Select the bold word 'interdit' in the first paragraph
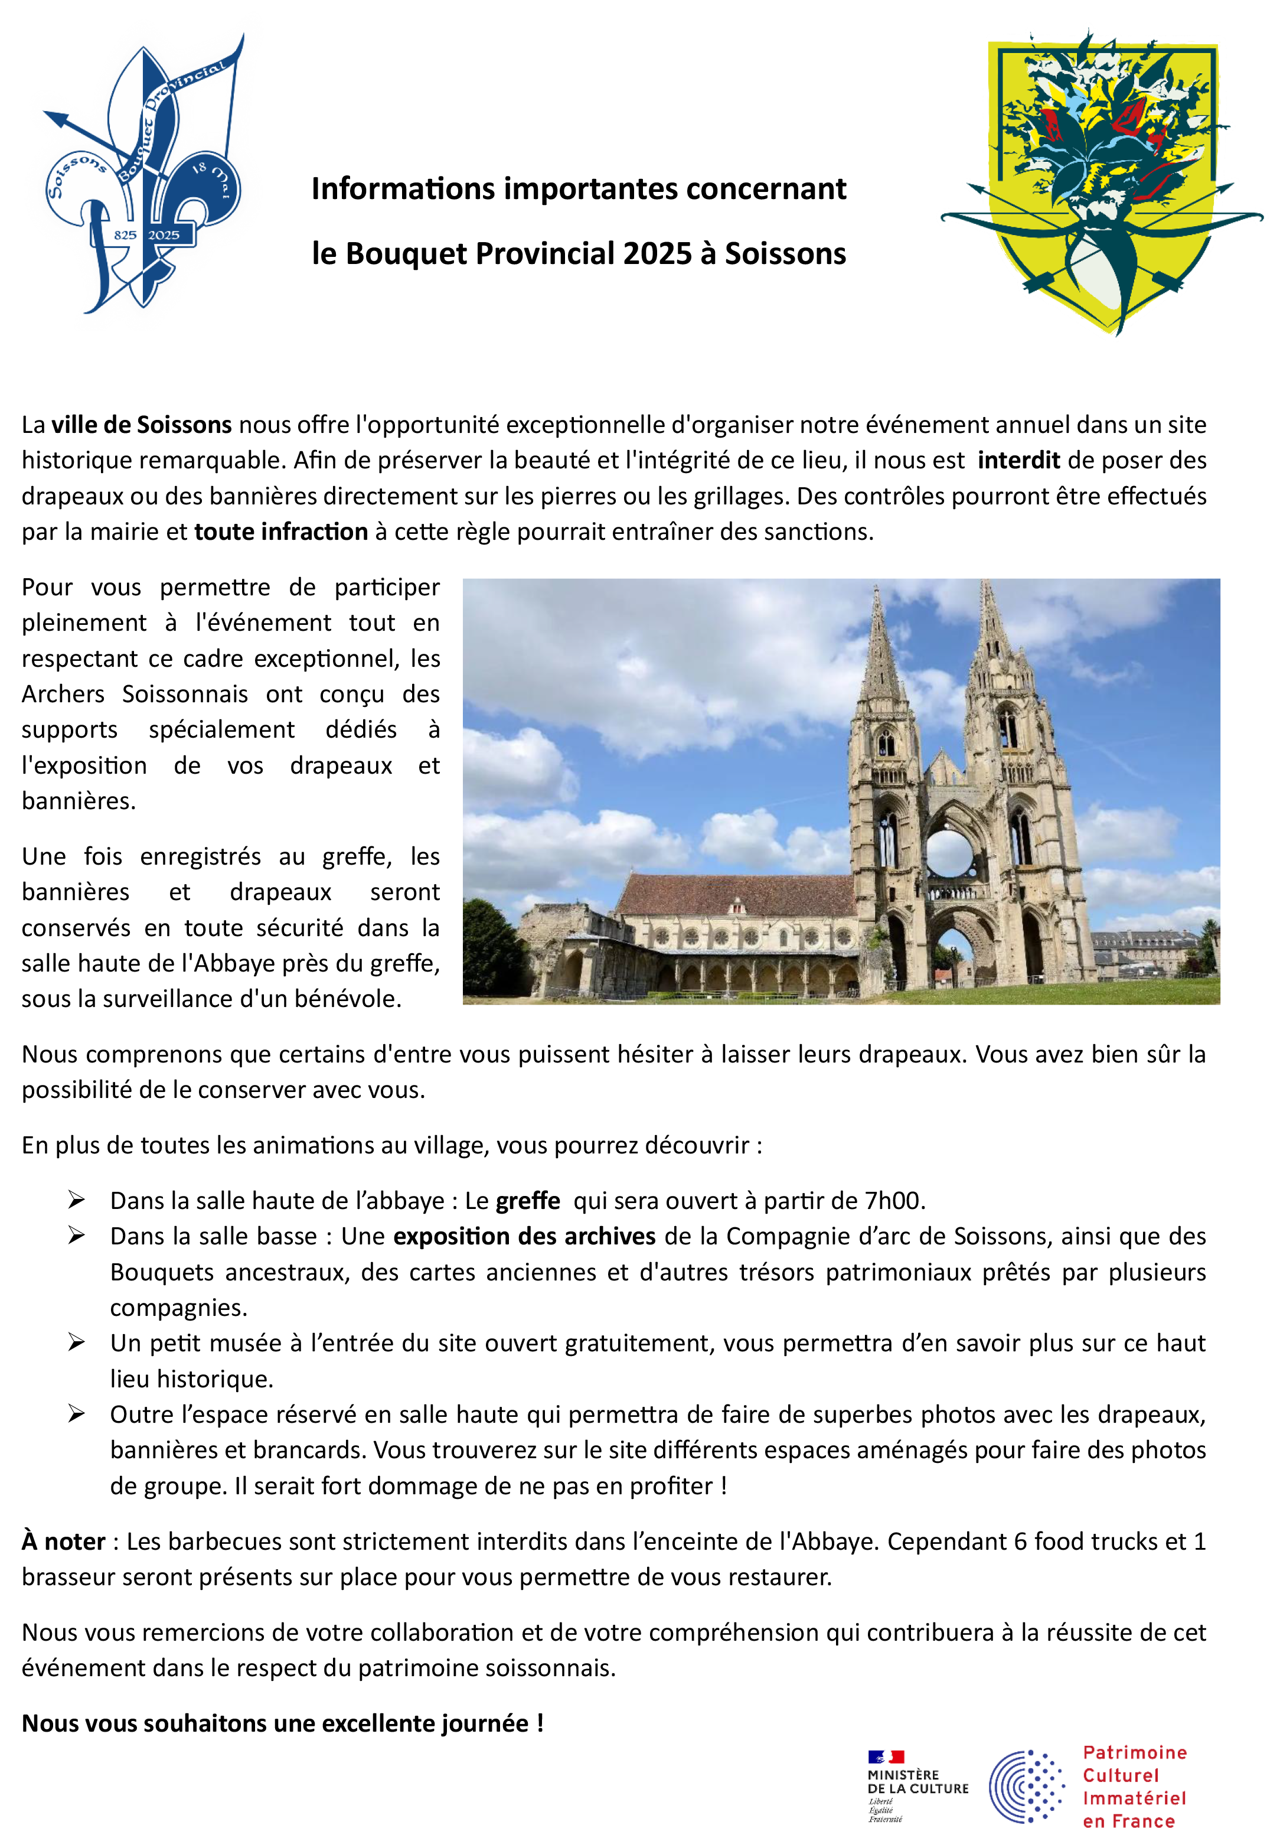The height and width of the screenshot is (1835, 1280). (1018, 460)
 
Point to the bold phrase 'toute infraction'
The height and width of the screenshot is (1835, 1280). (280, 532)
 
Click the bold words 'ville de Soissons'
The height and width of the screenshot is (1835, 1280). (142, 425)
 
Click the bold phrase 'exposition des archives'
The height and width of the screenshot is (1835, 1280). (524, 1236)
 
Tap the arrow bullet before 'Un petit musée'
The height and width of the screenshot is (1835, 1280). (77, 1342)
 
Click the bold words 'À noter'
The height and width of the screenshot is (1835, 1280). (64, 1541)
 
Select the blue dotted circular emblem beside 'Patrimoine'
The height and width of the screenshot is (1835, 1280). (1027, 1786)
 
